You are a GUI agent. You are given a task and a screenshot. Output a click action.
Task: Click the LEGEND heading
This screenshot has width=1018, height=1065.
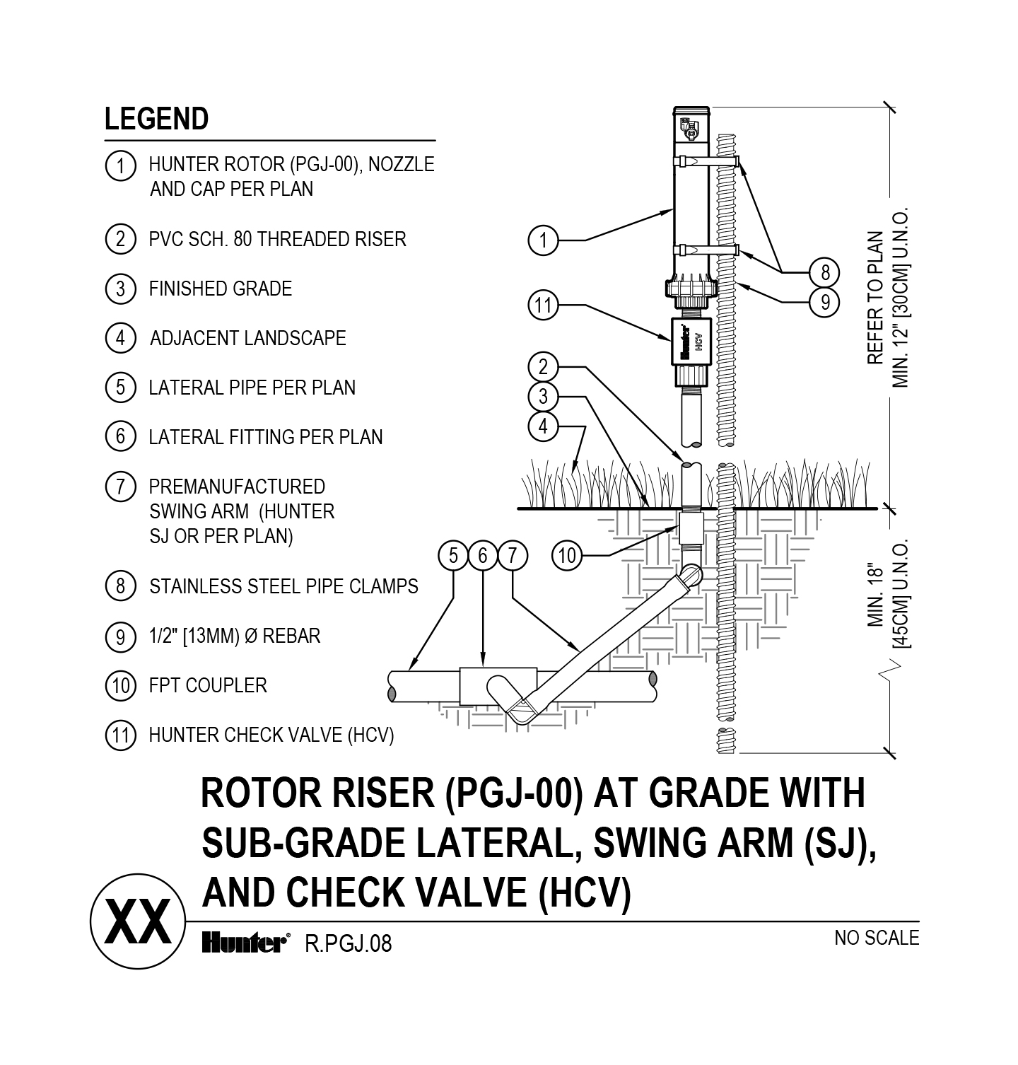coord(156,119)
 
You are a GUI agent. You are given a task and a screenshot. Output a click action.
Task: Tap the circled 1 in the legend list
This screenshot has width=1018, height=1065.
coord(120,165)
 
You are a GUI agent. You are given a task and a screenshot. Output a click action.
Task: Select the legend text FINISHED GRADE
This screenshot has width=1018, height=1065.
coord(220,289)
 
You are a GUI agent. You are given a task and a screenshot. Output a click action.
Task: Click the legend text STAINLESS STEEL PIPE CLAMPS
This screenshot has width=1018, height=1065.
coord(283,586)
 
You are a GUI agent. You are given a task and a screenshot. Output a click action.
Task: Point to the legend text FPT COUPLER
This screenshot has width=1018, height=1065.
coord(207,685)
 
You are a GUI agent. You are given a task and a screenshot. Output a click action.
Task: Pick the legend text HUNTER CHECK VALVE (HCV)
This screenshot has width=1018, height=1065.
coord(271,735)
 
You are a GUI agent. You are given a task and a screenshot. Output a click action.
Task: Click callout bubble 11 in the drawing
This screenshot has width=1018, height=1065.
coord(543,305)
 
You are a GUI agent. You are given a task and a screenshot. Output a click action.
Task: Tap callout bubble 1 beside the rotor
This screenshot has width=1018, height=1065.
coord(543,240)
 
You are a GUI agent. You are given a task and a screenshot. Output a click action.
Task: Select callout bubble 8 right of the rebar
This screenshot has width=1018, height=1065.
coord(824,272)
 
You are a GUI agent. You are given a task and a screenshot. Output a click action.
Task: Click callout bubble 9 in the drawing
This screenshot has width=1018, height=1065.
coord(824,302)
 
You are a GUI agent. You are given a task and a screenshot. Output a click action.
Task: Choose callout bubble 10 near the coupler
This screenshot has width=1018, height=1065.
coord(567,556)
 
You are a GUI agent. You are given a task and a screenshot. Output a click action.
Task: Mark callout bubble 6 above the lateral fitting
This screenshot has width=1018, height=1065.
coord(483,556)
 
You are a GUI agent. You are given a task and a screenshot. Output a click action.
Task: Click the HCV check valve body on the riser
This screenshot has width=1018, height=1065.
coord(689,342)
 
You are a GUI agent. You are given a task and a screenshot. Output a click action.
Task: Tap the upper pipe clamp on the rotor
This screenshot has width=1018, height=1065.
coord(707,162)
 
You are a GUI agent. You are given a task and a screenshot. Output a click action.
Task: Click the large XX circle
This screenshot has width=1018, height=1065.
coord(138,922)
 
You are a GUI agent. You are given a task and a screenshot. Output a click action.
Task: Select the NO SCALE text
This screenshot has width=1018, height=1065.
coord(876,938)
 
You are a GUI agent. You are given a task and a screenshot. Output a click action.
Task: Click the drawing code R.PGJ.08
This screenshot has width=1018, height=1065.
coord(347,943)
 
